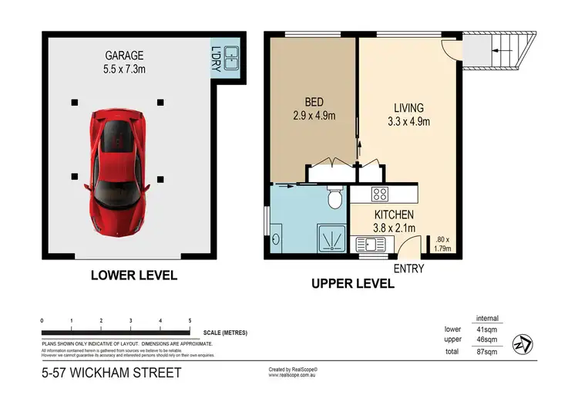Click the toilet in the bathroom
coord(334,199)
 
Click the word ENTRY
coord(408,269)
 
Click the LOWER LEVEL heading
coord(133,275)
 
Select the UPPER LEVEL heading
coord(353,284)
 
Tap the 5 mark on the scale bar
coord(190,319)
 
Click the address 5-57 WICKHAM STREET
coord(112,374)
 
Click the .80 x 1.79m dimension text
coord(442,244)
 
